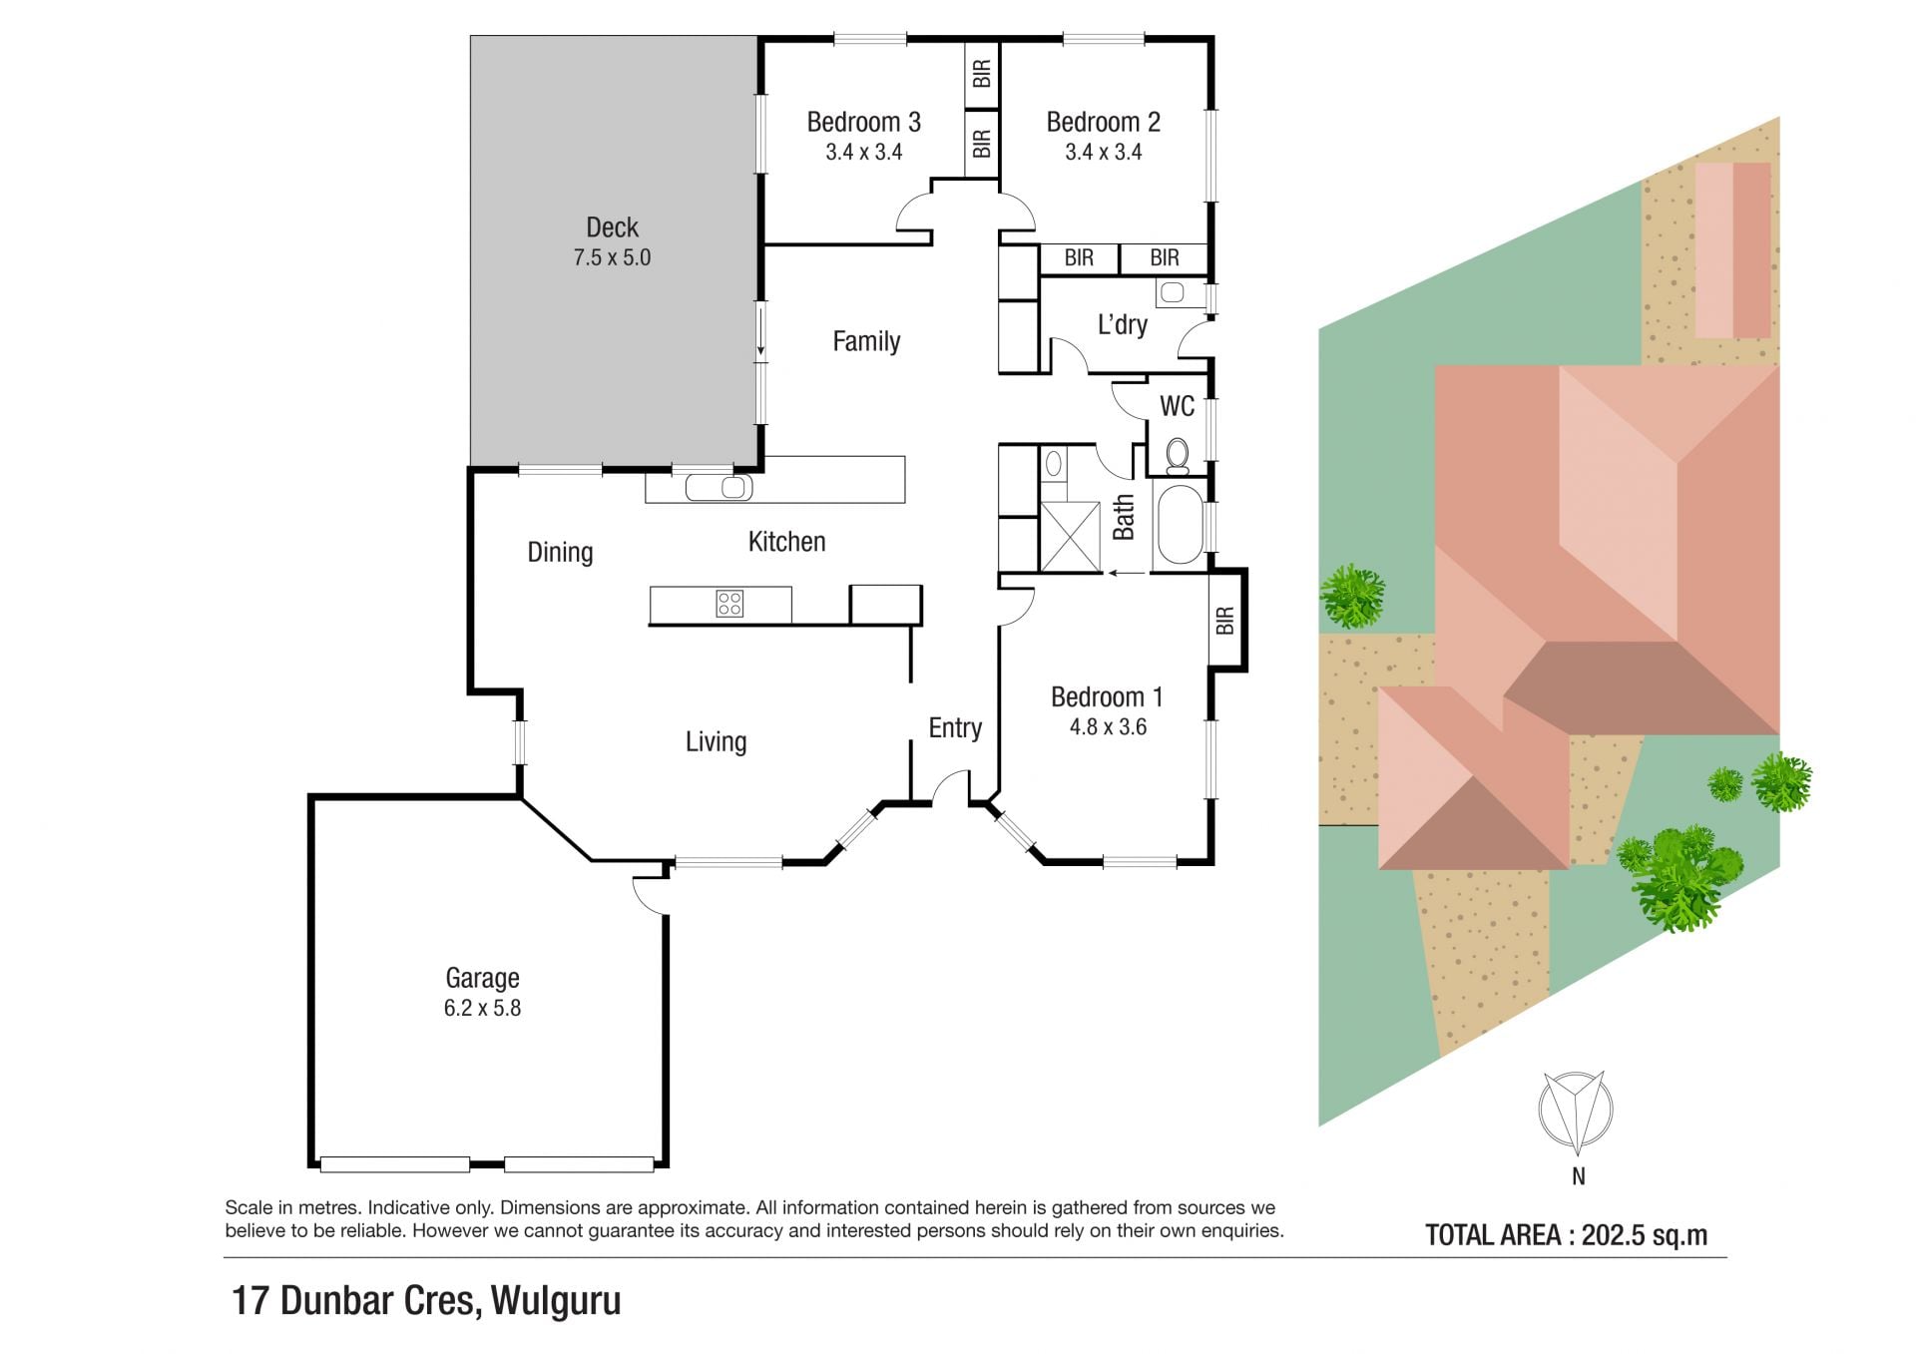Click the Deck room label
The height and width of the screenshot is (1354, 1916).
612,227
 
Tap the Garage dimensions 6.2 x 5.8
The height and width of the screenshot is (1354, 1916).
482,1008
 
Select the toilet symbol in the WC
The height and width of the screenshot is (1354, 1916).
1178,455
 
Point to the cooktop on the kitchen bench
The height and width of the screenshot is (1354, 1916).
729,603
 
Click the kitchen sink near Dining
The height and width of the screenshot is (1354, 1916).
718,487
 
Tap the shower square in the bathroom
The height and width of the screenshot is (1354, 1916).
1070,537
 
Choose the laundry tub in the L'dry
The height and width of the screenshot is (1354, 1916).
1173,292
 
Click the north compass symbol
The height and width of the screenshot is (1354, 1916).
1576,1109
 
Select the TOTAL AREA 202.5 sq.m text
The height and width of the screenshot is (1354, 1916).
1566,1235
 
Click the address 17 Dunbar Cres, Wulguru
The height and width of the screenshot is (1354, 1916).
426,1301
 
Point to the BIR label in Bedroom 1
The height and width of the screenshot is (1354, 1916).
1225,621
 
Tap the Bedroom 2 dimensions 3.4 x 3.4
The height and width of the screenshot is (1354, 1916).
1103,152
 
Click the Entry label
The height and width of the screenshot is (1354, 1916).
955,728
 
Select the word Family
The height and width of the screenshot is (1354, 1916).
866,341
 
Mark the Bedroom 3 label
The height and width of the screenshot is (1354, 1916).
863,122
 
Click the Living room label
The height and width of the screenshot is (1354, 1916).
716,741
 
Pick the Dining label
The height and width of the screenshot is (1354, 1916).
560,552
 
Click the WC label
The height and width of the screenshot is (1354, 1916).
1177,406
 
